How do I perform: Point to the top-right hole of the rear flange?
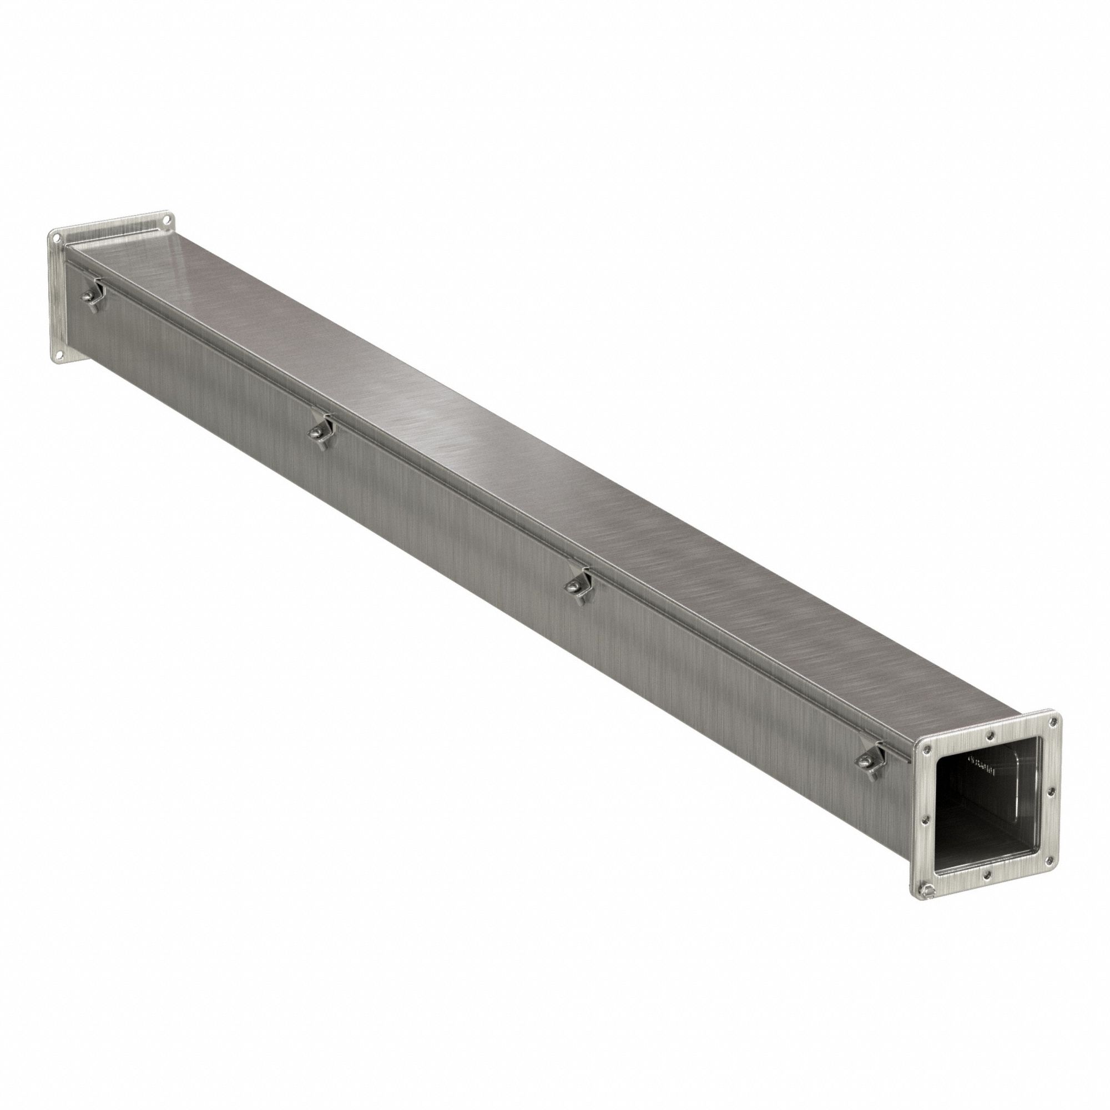[x=166, y=219]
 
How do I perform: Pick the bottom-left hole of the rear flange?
[x=60, y=357]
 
